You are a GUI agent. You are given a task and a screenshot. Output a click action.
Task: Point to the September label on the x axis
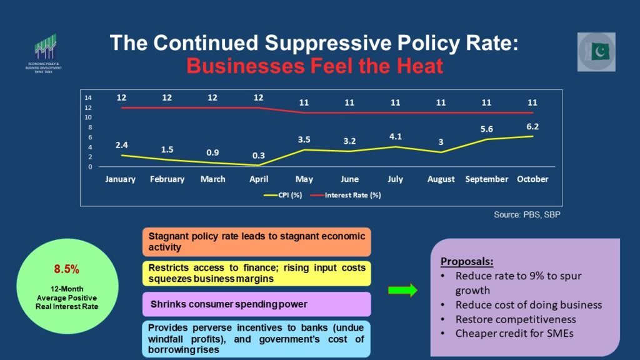(x=487, y=179)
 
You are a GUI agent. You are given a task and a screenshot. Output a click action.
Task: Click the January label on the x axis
(x=121, y=179)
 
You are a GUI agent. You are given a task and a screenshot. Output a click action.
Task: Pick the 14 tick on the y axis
(x=88, y=98)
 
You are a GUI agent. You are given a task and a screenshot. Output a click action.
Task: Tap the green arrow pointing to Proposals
(x=402, y=290)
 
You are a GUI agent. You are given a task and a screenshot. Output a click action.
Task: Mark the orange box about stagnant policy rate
(x=256, y=242)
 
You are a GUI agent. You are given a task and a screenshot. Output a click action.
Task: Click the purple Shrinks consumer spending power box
(x=256, y=304)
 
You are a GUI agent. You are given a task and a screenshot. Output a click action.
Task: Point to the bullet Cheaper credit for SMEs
(x=514, y=333)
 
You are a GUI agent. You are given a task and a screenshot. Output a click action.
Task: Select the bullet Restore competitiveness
(x=516, y=319)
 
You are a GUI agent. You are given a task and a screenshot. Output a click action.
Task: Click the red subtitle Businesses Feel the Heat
(x=314, y=66)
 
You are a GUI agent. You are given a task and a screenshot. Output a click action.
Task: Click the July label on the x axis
(x=396, y=179)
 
